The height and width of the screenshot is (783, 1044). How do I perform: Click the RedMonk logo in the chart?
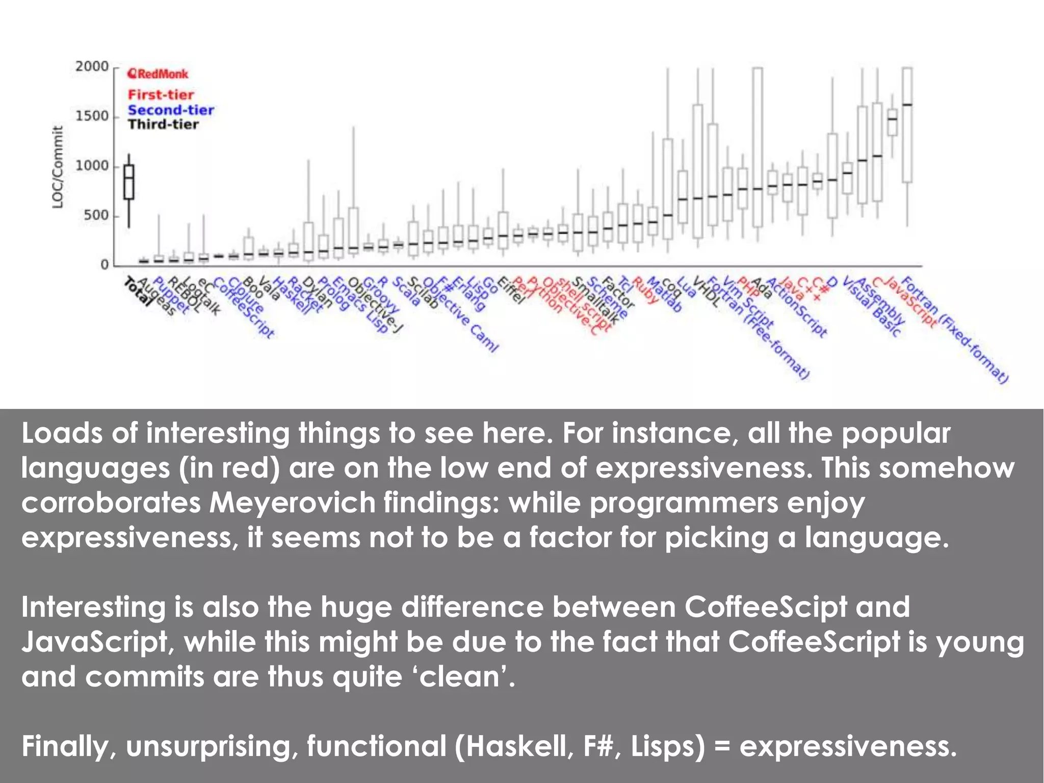[x=158, y=74]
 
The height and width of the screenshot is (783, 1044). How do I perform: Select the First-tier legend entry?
[x=161, y=95]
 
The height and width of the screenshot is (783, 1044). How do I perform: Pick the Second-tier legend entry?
[x=171, y=110]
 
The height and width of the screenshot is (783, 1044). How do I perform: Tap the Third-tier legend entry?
[x=163, y=124]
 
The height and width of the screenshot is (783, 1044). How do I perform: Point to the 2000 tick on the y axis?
[x=92, y=67]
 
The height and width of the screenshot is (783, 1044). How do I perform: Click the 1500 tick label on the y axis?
[x=92, y=116]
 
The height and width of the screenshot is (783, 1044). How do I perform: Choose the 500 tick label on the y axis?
[x=96, y=216]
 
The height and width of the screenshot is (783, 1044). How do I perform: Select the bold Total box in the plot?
[x=129, y=182]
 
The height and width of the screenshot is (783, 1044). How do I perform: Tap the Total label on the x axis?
[x=138, y=292]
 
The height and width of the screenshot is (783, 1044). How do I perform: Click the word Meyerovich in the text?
[x=292, y=503]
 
